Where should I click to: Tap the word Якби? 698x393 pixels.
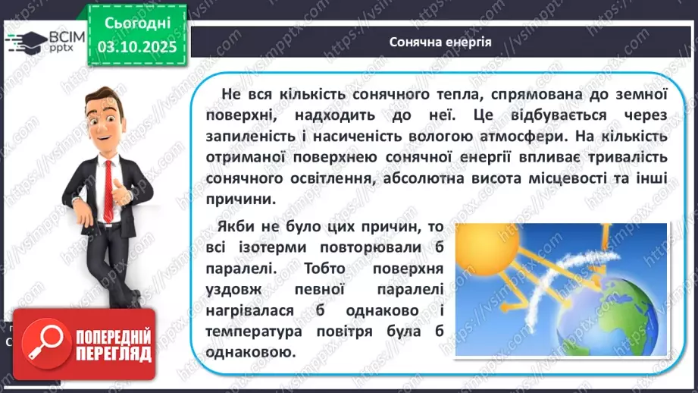[235, 228]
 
